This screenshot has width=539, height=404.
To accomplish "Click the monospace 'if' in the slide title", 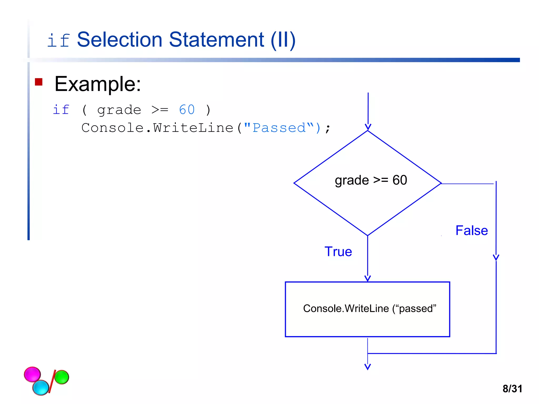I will pyautogui.click(x=58, y=41).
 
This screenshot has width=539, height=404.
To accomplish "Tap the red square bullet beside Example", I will pyautogui.click(x=39, y=82).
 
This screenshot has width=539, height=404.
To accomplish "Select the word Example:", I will pyautogui.click(x=98, y=84).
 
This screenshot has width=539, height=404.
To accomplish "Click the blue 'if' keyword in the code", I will pyautogui.click(x=61, y=110).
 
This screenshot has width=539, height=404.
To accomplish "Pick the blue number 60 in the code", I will pyautogui.click(x=187, y=110).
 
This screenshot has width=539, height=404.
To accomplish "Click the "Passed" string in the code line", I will pyautogui.click(x=279, y=128).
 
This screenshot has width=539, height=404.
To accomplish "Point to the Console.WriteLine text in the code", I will pyautogui.click(x=157, y=128).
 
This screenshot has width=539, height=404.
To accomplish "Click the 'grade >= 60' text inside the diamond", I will pyautogui.click(x=371, y=180).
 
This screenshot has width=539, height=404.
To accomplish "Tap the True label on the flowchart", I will pyautogui.click(x=338, y=251).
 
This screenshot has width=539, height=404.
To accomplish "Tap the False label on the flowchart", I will pyautogui.click(x=471, y=230).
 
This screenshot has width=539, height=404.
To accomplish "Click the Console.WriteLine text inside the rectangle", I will pyautogui.click(x=369, y=309).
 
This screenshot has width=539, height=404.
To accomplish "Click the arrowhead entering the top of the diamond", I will pyautogui.click(x=368, y=127).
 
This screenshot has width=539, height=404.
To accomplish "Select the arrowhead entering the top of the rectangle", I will pyautogui.click(x=367, y=279).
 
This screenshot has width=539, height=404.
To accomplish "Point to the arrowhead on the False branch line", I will pyautogui.click(x=496, y=257).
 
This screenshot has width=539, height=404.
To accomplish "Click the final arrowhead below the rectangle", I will pyautogui.click(x=367, y=367).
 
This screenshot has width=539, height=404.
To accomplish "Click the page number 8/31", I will pyautogui.click(x=512, y=389).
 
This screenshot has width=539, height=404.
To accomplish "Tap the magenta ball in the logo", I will pyautogui.click(x=32, y=374).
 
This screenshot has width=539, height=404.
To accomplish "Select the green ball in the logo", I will pyautogui.click(x=62, y=377).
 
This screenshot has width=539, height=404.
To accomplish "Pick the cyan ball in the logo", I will pyautogui.click(x=41, y=387).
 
